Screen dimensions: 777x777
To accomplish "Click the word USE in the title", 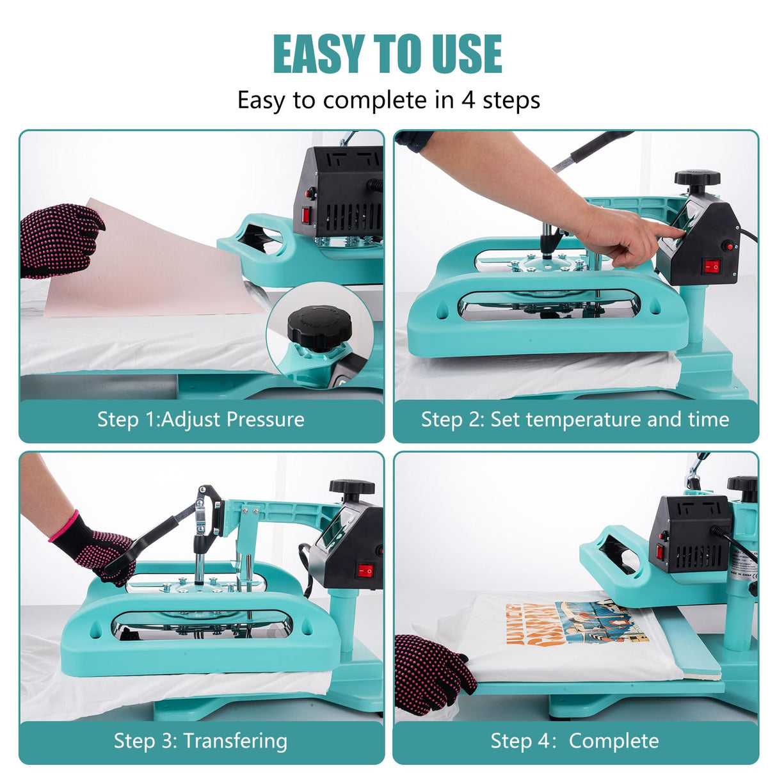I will [466, 54].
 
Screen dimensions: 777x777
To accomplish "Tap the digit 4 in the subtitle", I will [468, 100].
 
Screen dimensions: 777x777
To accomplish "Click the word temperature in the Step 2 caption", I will [583, 419].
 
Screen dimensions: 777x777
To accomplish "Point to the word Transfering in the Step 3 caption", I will [235, 741].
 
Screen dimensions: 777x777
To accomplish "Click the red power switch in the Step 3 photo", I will [365, 569].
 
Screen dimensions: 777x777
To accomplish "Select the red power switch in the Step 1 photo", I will [307, 215].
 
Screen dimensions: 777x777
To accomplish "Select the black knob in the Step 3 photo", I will [351, 488].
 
